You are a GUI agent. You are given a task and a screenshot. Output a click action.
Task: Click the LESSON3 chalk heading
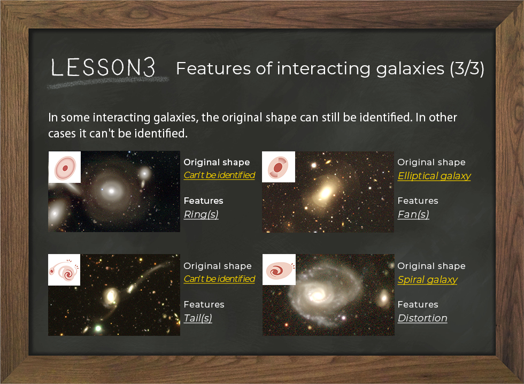click(x=103, y=67)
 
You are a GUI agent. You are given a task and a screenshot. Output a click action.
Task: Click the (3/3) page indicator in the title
click(x=467, y=68)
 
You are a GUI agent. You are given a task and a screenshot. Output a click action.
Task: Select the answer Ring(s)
click(x=201, y=214)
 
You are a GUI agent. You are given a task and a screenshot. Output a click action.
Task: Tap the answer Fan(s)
click(x=413, y=214)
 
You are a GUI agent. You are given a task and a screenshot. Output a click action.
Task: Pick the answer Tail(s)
click(x=198, y=318)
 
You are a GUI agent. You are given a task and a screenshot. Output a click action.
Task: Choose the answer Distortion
click(x=422, y=318)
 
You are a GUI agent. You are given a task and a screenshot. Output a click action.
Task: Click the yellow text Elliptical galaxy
click(x=434, y=176)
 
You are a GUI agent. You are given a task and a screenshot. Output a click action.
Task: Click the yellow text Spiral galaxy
click(x=427, y=279)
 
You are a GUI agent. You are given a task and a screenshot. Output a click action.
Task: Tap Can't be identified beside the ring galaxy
click(x=219, y=175)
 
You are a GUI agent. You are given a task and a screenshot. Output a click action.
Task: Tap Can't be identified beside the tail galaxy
click(x=219, y=279)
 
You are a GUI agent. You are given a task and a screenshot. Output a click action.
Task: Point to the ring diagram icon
click(x=65, y=167)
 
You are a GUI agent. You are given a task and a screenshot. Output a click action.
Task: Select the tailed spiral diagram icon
click(x=64, y=270)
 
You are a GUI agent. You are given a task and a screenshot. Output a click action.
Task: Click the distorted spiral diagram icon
click(x=279, y=270)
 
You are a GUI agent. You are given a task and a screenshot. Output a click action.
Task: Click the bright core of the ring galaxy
click(x=111, y=191)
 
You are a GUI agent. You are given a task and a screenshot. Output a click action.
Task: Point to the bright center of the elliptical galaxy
click(x=325, y=193)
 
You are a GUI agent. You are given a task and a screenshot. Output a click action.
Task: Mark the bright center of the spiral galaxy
click(x=317, y=295)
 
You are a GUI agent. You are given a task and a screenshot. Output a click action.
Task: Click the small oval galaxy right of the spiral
click(x=384, y=298)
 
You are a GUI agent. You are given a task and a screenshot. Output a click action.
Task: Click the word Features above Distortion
click(x=418, y=304)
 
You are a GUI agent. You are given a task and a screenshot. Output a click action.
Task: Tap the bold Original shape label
click(x=217, y=163)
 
